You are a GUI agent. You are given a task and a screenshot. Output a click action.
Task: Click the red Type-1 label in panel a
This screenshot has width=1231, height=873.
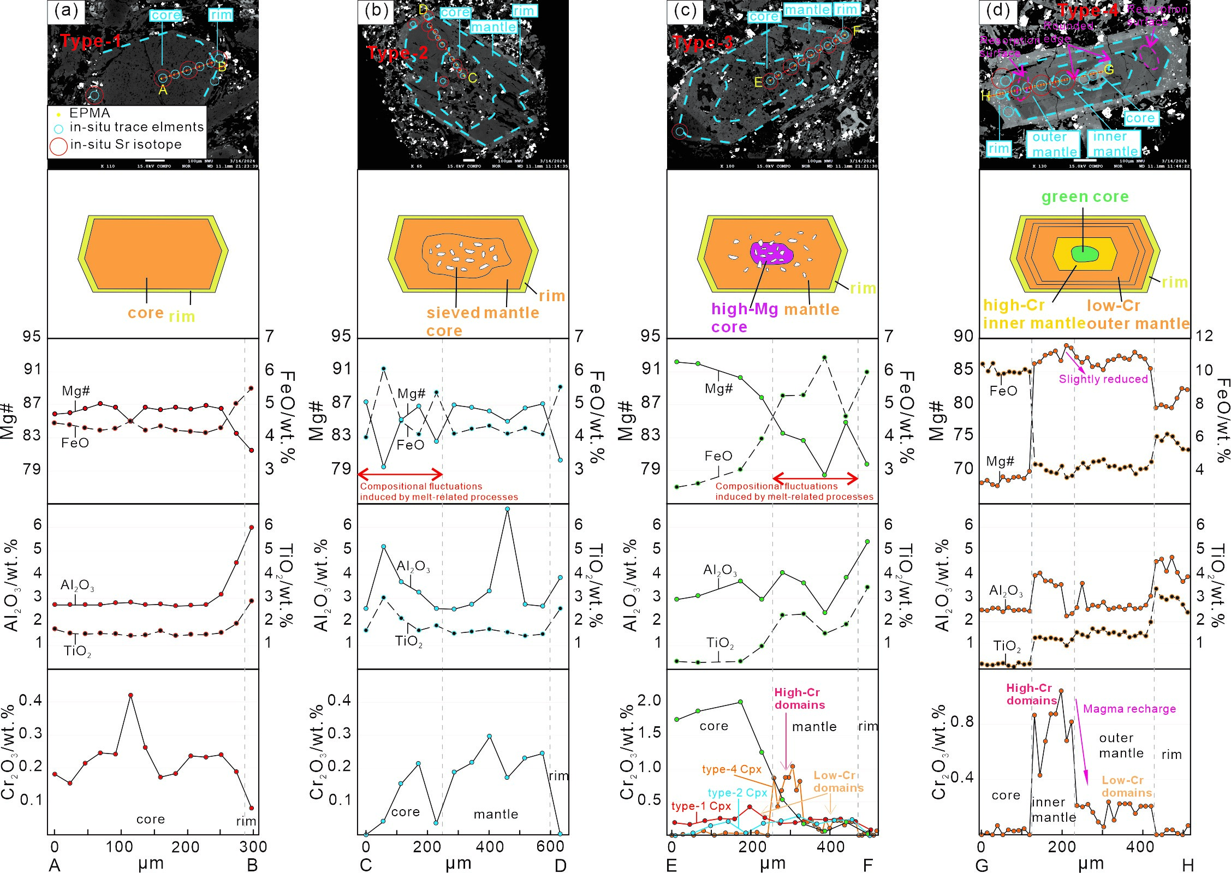[x=91, y=41]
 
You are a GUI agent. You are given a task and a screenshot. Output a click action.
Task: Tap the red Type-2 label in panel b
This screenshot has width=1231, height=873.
[x=397, y=53]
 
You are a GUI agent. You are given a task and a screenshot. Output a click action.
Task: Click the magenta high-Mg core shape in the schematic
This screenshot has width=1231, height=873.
[x=771, y=253]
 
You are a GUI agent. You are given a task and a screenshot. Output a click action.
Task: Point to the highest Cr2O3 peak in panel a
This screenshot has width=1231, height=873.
[x=130, y=695]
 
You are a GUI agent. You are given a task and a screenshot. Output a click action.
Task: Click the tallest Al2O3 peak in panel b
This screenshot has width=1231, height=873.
[x=507, y=509]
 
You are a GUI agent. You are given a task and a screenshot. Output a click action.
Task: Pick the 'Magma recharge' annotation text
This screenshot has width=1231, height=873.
[x=1129, y=709]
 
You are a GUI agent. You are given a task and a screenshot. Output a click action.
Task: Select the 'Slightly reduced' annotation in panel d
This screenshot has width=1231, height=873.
[x=1103, y=379]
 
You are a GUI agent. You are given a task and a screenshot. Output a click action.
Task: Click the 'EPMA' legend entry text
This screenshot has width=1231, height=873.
[x=90, y=113]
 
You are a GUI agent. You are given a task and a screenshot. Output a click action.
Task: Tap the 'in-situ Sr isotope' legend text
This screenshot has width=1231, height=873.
[x=126, y=145]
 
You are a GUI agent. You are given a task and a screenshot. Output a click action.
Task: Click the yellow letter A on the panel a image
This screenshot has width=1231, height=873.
[x=163, y=90]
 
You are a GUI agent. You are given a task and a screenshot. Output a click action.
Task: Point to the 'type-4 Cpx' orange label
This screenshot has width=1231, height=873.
[x=732, y=769]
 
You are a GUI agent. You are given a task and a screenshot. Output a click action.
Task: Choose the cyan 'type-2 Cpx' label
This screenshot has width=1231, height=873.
[x=737, y=793]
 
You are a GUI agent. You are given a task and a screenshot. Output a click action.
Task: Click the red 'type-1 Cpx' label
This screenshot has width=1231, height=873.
[x=701, y=806]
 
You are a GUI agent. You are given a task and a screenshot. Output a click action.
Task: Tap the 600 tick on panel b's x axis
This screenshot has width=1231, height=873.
[x=550, y=846]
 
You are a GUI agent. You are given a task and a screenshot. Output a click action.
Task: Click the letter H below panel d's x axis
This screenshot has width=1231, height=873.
[x=1188, y=865]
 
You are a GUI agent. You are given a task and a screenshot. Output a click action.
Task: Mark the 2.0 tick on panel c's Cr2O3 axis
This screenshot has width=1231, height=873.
[x=649, y=701]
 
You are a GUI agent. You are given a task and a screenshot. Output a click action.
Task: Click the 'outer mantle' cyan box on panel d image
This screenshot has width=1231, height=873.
[x=1053, y=144]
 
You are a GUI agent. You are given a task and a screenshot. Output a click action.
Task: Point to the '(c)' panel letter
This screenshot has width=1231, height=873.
[x=685, y=11]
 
